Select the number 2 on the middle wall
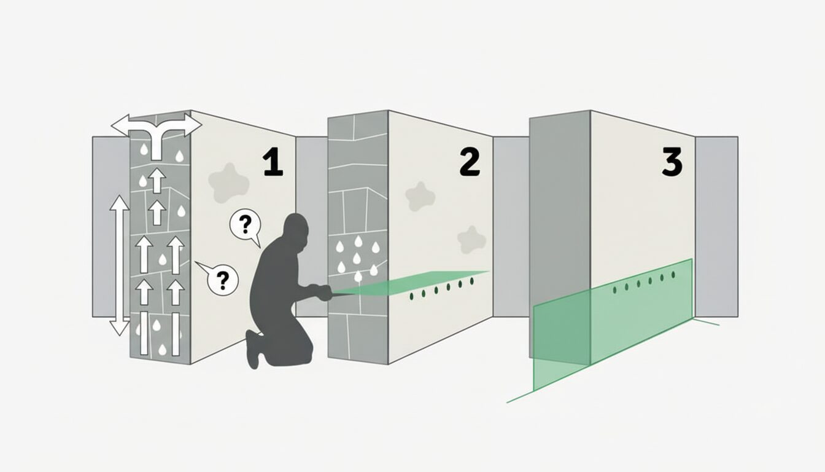[470, 163]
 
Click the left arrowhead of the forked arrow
[120, 125]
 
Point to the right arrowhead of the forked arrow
[193, 125]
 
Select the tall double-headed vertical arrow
[119, 265]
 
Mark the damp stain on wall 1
[229, 183]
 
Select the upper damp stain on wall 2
[420, 196]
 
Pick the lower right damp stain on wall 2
[471, 240]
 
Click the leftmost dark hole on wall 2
[412, 296]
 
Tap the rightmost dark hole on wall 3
[673, 275]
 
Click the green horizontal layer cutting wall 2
[412, 283]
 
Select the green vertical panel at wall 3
[613, 324]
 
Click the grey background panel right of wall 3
[716, 226]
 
